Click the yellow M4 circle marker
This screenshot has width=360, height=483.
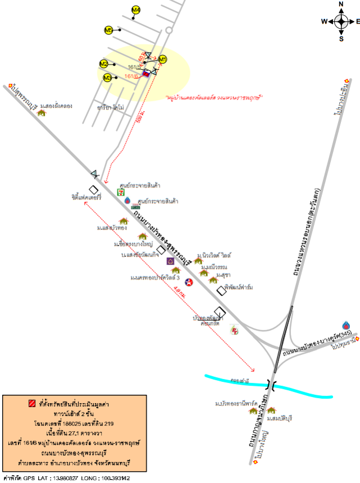click(136, 10)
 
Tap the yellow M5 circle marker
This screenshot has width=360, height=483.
click(109, 30)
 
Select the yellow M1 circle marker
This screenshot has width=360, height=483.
click(163, 59)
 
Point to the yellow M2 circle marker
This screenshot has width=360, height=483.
click(103, 64)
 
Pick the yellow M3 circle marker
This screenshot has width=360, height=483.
click(107, 78)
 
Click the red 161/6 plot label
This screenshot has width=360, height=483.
click(131, 76)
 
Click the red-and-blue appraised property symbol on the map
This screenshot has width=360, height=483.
click(146, 74)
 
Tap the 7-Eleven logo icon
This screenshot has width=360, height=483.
click(121, 192)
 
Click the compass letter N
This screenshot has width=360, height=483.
click(341, 4)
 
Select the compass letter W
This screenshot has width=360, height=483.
click(325, 21)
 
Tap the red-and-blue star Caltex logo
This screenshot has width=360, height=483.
click(189, 281)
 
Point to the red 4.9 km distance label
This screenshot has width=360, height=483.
click(177, 291)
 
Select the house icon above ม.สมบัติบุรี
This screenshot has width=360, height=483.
click(271, 411)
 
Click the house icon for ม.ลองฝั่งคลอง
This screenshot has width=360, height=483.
click(41, 112)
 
